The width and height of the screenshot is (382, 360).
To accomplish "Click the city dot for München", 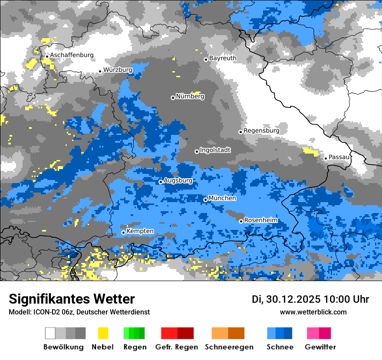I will (x=205, y=200).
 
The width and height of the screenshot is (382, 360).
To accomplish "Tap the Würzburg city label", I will (x=118, y=70).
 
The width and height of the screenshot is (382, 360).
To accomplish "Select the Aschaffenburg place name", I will (x=72, y=55).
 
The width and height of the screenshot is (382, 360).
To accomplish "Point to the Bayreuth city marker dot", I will (x=206, y=59).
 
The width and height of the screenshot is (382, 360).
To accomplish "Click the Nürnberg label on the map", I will (x=190, y=96).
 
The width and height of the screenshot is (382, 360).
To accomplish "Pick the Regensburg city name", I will (x=261, y=131).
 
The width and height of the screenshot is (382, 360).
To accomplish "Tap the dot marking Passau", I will (x=326, y=158).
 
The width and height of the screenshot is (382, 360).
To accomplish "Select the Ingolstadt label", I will (x=215, y=150).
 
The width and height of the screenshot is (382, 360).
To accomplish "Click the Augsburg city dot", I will (x=161, y=182).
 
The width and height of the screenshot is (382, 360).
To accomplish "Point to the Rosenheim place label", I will (x=261, y=220).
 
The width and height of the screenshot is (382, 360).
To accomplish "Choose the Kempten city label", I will (x=140, y=231).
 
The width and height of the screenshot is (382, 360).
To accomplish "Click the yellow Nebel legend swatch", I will (x=103, y=333).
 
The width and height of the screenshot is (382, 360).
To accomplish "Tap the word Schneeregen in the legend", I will (x=229, y=347).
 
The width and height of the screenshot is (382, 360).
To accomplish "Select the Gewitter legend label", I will (x=320, y=347).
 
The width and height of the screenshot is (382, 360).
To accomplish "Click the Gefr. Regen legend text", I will (x=177, y=347).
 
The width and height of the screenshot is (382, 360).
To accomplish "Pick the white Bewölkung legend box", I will (x=50, y=333).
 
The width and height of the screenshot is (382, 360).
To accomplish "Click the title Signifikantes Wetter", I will (x=72, y=299).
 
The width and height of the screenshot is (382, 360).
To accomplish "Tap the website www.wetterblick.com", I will (x=313, y=312).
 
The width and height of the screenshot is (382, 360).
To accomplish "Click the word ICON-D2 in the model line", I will (x=43, y=312).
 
